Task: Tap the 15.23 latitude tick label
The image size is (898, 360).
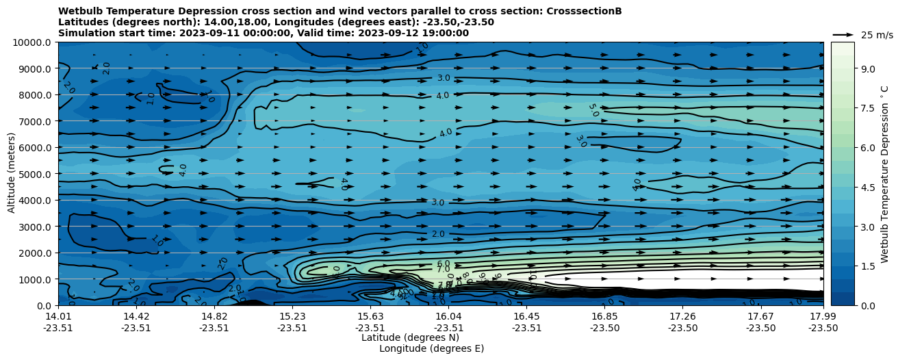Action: point(292,316)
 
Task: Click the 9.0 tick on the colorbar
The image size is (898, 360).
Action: point(868,68)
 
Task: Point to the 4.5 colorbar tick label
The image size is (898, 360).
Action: point(868,187)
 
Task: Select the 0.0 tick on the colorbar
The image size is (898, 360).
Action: point(868,305)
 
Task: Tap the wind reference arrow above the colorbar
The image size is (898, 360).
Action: point(843,34)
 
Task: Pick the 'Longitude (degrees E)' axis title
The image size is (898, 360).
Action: point(431,348)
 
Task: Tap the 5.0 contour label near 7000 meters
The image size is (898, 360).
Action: point(593,110)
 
